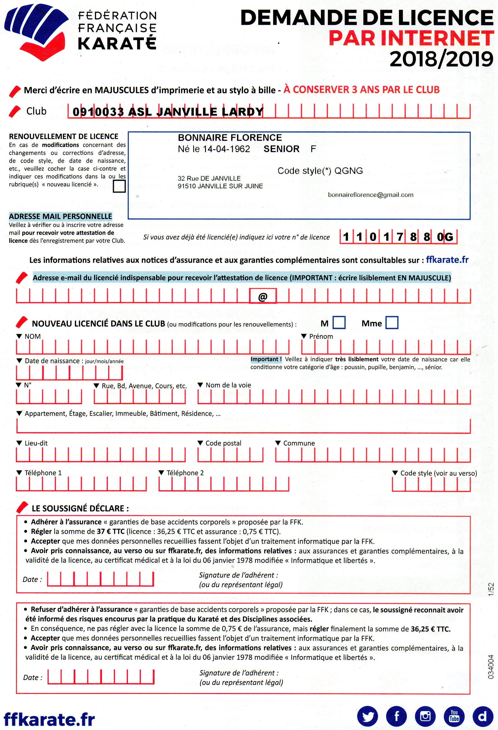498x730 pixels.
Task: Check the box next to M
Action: pos(339,323)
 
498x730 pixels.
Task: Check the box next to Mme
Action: pos(392,323)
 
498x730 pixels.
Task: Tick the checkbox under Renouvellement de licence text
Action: pos(119,186)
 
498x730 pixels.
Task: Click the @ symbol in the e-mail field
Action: pos(263,296)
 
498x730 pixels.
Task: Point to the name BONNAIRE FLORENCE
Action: pos(230,137)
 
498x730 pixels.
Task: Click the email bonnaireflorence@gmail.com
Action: pos(370,195)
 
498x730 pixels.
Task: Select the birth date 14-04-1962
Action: pos(226,149)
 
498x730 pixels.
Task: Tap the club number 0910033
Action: pos(98,112)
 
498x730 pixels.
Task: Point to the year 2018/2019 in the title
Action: pos(441,59)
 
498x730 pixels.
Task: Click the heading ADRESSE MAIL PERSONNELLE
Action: pos(60,216)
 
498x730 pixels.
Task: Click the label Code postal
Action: pos(223,443)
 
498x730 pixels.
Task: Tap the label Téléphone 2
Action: pos(185,473)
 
